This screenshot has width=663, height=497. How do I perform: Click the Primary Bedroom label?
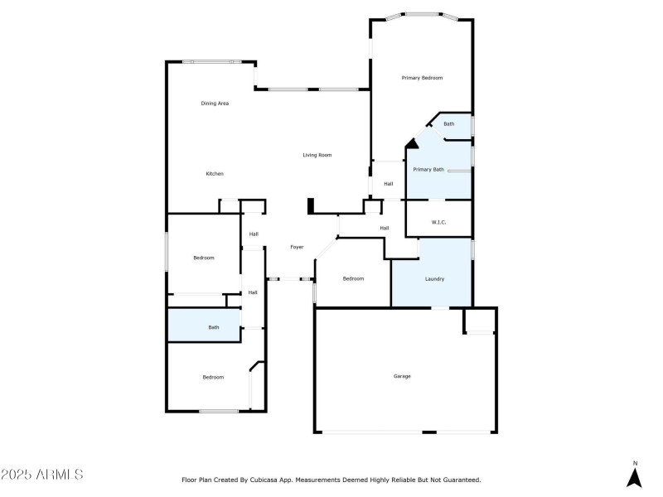pos(422,78)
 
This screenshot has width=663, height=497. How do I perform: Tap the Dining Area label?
pos(215,104)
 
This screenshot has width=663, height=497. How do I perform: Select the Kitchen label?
pos(215,174)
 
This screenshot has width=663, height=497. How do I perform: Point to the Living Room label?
pos(317,155)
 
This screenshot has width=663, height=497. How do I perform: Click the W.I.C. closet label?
pos(439,222)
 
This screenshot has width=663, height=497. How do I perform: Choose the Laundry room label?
pos(434,279)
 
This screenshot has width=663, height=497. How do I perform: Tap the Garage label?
pos(402,376)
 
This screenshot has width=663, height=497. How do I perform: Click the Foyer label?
pos(296,247)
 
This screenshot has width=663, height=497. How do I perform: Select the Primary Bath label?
pos(428,170)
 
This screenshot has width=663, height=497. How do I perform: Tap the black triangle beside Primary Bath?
pos(410,144)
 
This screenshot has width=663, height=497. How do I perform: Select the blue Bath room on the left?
pos(204,325)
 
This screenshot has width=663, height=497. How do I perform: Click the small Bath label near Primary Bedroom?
pos(448,124)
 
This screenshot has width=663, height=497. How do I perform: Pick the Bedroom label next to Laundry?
pos(353,278)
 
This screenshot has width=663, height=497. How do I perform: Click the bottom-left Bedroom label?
pos(213,377)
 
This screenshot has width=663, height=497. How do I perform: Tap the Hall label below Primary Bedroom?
pos(388,184)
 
